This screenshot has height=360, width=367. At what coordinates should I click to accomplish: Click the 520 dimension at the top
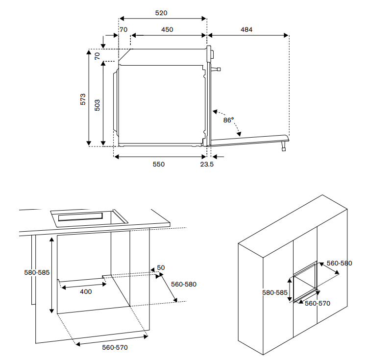pyautogui.click(x=162, y=13)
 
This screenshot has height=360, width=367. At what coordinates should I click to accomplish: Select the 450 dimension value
pyautogui.click(x=167, y=29)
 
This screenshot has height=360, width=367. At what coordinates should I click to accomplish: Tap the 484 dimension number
pyautogui.click(x=246, y=29)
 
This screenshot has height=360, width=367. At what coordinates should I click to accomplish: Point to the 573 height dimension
pyautogui.click(x=83, y=99)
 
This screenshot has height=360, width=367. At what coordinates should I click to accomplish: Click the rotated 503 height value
pyautogui.click(x=97, y=105)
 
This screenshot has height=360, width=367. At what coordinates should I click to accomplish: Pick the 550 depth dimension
pyautogui.click(x=158, y=165)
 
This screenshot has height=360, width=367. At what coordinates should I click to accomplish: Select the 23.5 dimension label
pyautogui.click(x=207, y=165)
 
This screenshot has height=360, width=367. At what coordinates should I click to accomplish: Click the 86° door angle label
pyautogui.click(x=228, y=120)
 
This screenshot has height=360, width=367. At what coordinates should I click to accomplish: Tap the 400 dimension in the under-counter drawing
pyautogui.click(x=86, y=291)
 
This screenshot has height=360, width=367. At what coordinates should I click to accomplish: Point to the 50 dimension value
pyautogui.click(x=161, y=268)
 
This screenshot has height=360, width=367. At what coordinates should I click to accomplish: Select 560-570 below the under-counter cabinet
pyautogui.click(x=115, y=347)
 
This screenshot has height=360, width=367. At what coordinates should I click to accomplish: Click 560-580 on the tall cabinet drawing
pyautogui.click(x=339, y=263)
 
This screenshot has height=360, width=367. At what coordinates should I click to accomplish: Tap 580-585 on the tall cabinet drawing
pyautogui.click(x=274, y=292)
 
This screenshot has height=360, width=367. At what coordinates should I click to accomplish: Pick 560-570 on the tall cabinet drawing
pyautogui.click(x=318, y=303)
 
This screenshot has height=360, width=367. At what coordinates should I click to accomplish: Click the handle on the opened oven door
pyautogui.click(x=284, y=146)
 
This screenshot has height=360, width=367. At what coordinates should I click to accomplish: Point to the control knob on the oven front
pyautogui.click(x=216, y=69)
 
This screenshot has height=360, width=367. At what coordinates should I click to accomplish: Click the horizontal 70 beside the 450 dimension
pyautogui.click(x=123, y=29)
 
